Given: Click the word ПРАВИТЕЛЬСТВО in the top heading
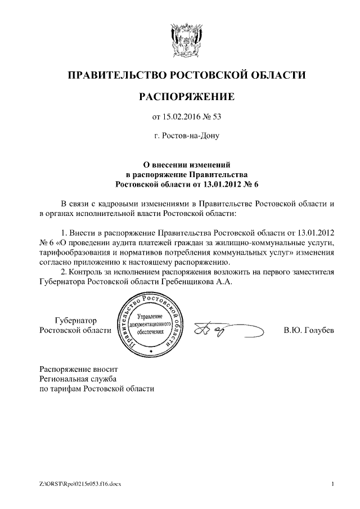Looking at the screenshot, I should point(115,75).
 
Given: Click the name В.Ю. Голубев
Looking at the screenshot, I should point(309,330).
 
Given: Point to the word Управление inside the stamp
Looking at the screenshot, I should point(149,318).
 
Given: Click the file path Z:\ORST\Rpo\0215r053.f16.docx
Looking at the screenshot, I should point(84,484).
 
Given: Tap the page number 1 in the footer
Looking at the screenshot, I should point(333,484).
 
